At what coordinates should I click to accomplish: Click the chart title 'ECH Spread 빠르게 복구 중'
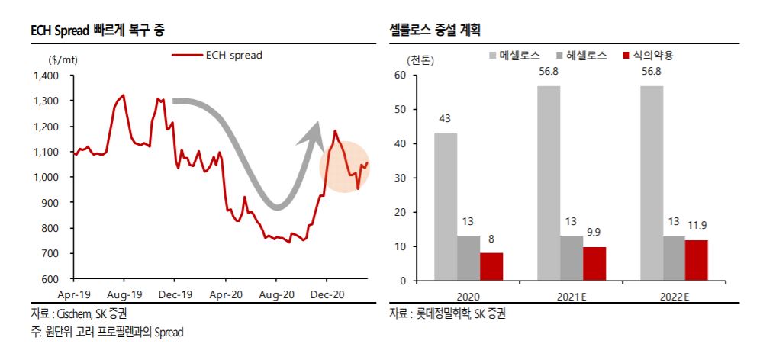click(x=98, y=31)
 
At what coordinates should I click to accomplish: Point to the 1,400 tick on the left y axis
click(x=46, y=76)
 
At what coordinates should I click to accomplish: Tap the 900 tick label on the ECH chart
click(x=50, y=203)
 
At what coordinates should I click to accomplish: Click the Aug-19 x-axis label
click(x=124, y=294)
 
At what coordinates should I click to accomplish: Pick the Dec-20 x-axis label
click(x=327, y=294)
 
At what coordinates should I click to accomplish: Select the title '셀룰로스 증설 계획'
click(x=439, y=31)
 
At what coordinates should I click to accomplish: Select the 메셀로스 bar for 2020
click(x=446, y=206)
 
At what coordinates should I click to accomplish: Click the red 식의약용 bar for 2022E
click(x=697, y=260)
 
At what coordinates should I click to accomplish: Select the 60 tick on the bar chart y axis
click(x=400, y=75)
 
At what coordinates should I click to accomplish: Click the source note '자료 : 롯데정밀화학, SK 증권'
click(x=447, y=313)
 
